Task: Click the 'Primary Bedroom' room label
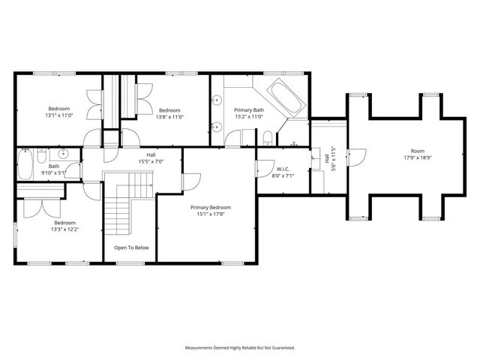pos(210,208)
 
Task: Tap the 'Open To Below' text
pos(131,247)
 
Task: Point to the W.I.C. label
pos(283,169)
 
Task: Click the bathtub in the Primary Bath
pos(282,97)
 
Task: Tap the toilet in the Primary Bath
pos(267,137)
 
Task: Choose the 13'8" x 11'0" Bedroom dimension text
pos(169,117)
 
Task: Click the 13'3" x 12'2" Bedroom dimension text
pos(64,229)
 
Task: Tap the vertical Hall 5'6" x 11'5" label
pos(330,160)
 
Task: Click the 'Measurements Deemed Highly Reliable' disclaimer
pos(240,348)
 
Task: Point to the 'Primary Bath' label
pos(247,109)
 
